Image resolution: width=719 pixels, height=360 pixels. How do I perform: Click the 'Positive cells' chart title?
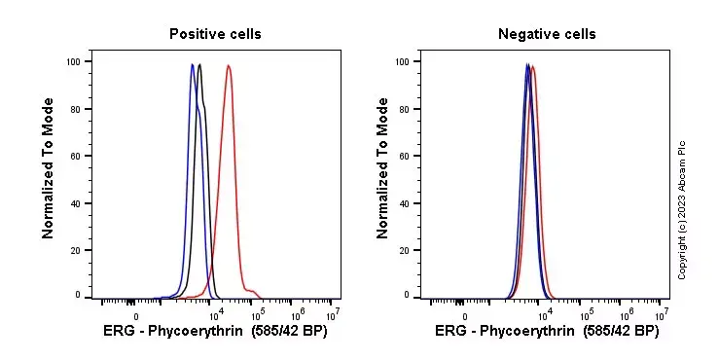click(215, 34)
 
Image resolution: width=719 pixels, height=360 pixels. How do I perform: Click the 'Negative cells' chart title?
click(547, 34)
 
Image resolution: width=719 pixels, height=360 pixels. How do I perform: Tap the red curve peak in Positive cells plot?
click(228, 66)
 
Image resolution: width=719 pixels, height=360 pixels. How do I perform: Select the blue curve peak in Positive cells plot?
click(193, 65)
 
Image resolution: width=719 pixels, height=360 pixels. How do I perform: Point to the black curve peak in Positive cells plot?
click(199, 65)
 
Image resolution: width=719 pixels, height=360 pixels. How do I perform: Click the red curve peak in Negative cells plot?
click(533, 66)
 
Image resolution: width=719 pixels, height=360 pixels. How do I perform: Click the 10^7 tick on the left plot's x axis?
click(333, 314)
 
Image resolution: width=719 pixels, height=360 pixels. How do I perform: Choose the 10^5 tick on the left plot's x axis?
click(258, 314)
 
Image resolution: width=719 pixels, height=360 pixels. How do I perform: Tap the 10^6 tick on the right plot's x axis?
click(627, 314)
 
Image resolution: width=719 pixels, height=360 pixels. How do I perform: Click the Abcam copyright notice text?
click(682, 209)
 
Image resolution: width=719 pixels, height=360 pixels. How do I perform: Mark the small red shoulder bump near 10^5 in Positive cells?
click(253, 290)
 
